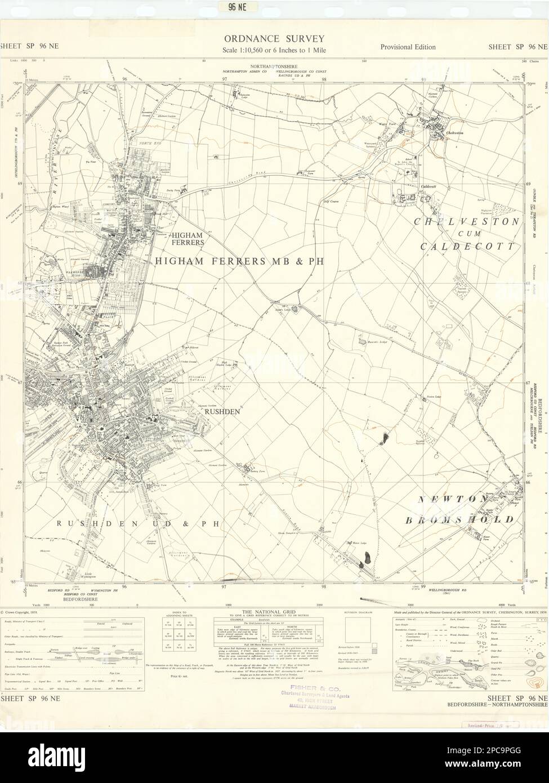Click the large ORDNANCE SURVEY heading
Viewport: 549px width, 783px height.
(274, 39)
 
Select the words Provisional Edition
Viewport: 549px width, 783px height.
(407, 47)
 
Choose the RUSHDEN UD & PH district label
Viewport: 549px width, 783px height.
(137, 523)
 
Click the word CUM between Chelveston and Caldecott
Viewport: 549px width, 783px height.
(465, 234)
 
